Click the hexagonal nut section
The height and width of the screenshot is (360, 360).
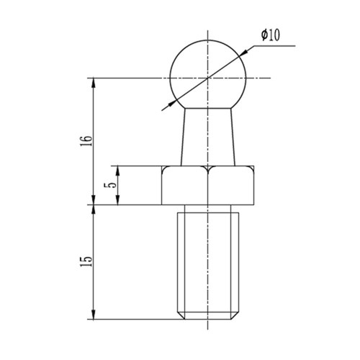[208, 185]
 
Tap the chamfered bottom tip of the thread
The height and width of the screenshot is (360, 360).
[208, 316]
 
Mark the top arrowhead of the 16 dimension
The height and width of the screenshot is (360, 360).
[93, 81]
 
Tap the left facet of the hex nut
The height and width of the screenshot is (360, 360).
[185, 186]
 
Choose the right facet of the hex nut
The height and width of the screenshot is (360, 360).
[231, 186]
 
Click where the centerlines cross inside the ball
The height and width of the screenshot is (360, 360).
[208, 77]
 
